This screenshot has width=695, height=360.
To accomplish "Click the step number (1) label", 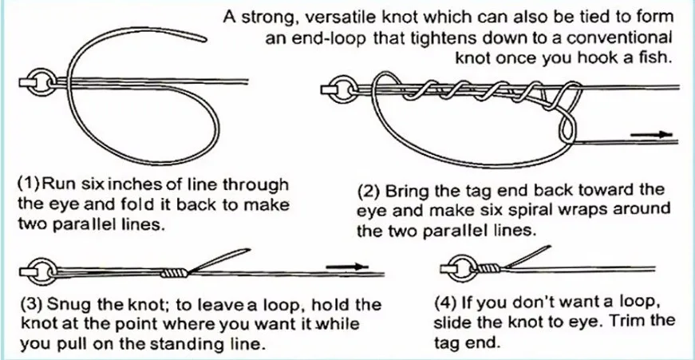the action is click(x=29, y=184).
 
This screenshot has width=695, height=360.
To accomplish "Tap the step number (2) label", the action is click(x=369, y=192).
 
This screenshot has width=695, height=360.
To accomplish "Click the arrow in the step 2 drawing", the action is click(x=650, y=135).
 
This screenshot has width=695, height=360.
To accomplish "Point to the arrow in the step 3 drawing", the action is click(x=348, y=266).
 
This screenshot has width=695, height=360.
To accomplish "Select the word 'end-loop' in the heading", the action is click(x=328, y=38).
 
